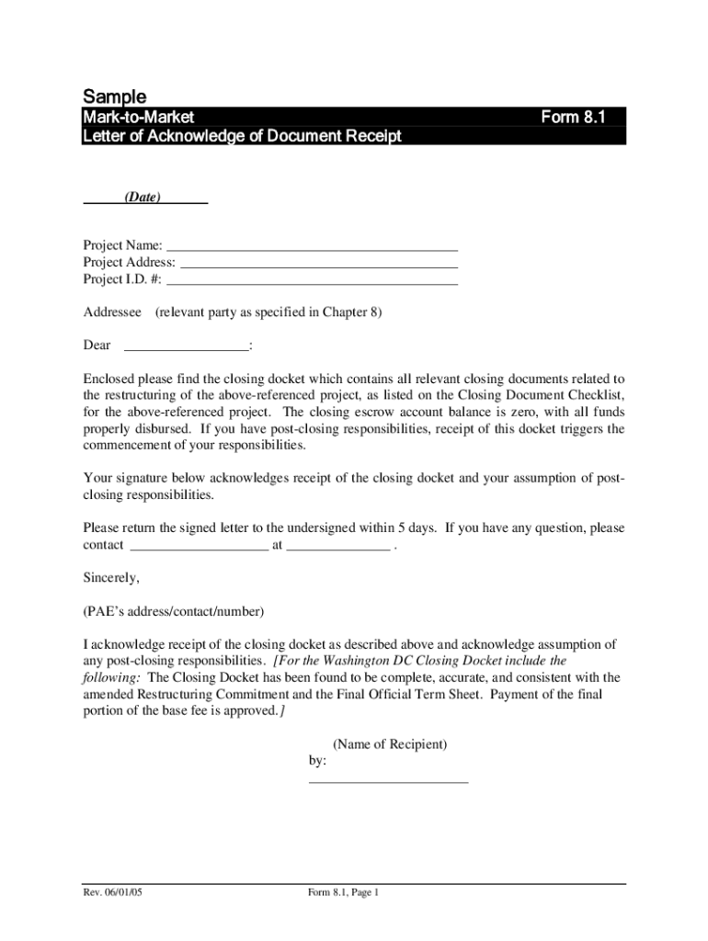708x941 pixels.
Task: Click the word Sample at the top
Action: [115, 96]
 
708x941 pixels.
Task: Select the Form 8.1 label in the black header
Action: [571, 118]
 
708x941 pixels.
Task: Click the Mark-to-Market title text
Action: [139, 118]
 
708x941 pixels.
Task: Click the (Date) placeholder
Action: [143, 197]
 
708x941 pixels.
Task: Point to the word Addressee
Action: [112, 312]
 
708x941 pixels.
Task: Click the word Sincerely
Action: [111, 578]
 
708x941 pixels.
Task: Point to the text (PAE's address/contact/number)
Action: [174, 611]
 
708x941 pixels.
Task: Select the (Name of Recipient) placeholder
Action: [390, 744]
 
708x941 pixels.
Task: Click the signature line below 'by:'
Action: [388, 780]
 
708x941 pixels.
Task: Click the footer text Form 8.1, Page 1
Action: [344, 893]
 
